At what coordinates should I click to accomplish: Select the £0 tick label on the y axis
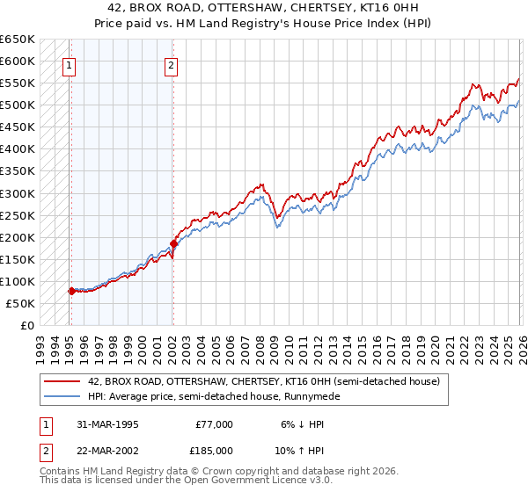(28, 325)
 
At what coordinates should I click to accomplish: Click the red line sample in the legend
(62, 382)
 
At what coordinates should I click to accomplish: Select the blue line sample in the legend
(62, 396)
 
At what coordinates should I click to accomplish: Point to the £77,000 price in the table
(214, 423)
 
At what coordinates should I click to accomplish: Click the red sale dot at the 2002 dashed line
(172, 243)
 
